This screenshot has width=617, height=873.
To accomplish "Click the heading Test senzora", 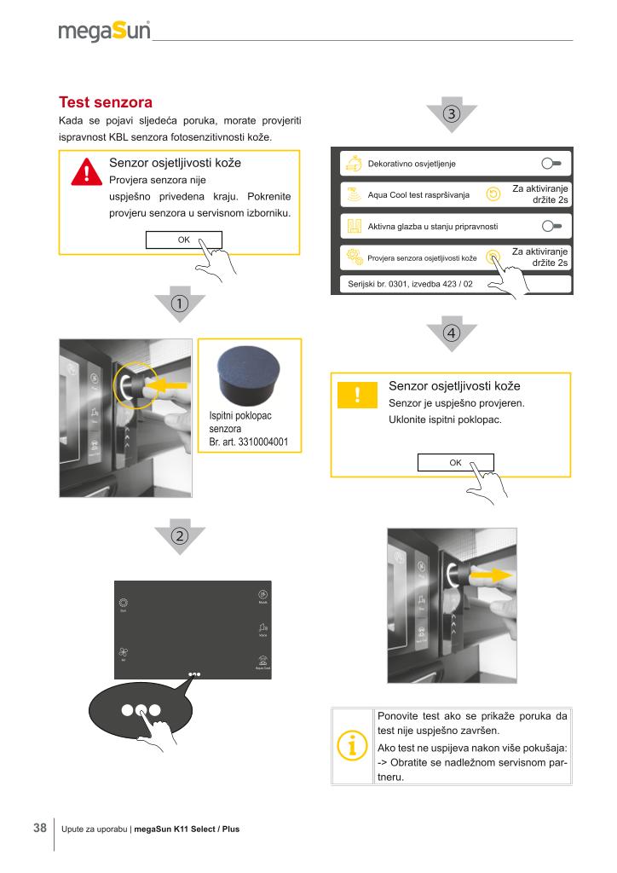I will click(105, 104).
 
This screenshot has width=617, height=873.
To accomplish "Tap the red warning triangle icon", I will click(86, 171).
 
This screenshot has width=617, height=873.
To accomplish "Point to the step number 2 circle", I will click(180, 535).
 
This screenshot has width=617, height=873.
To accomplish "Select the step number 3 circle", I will click(451, 113).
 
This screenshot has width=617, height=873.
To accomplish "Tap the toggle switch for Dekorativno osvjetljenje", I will click(552, 163).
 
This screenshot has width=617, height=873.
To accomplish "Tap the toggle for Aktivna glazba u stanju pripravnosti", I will click(552, 226).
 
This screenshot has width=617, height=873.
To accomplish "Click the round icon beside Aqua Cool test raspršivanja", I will click(492, 194).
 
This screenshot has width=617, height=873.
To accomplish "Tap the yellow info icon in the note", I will click(352, 746).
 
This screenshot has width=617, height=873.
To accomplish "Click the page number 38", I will click(39, 828).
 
